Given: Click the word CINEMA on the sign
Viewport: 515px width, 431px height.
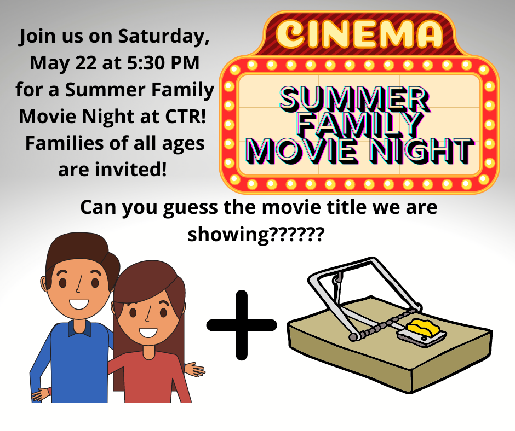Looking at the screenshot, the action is (x=359, y=33).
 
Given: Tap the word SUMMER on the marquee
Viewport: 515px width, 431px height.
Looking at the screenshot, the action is (x=354, y=99).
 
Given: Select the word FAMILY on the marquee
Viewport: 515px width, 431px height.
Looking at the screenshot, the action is (x=359, y=125).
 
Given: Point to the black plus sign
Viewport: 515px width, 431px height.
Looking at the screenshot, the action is (x=242, y=325).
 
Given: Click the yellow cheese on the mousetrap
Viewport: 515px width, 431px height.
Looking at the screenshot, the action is (x=422, y=328).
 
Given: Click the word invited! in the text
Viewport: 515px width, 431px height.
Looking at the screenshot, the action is (x=135, y=170).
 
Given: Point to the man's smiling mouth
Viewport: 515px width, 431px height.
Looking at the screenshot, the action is (x=79, y=304).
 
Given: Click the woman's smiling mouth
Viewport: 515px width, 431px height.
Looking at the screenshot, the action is (x=148, y=333).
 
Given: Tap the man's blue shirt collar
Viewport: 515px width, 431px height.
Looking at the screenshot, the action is (x=79, y=328).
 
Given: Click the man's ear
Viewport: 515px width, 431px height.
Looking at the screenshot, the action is (x=44, y=283).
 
